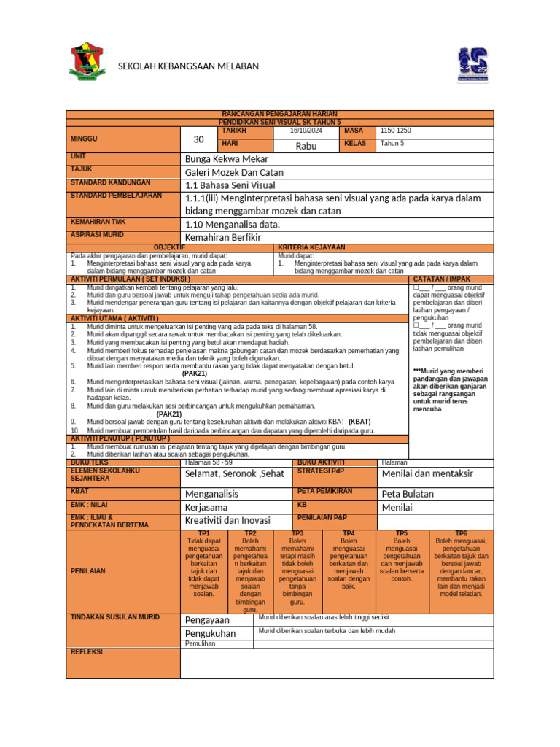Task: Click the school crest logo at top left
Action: click(x=90, y=64)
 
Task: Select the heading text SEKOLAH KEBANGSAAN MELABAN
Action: click(x=188, y=66)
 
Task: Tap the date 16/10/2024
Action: click(x=306, y=130)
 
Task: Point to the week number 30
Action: click(x=199, y=139)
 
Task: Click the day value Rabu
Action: click(x=306, y=146)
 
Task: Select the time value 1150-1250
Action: click(x=396, y=130)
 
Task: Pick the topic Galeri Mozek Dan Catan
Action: click(x=234, y=172)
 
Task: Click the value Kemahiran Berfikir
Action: click(x=223, y=238)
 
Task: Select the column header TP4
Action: click(x=349, y=534)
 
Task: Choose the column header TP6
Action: click(x=461, y=534)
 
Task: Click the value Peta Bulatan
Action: click(x=408, y=494)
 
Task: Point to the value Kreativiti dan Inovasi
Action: click(x=227, y=520)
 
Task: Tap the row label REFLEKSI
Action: click(x=87, y=651)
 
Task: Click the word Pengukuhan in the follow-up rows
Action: click(x=211, y=633)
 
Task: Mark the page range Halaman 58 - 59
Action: click(x=209, y=462)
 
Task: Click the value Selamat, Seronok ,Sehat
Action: click(x=234, y=473)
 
